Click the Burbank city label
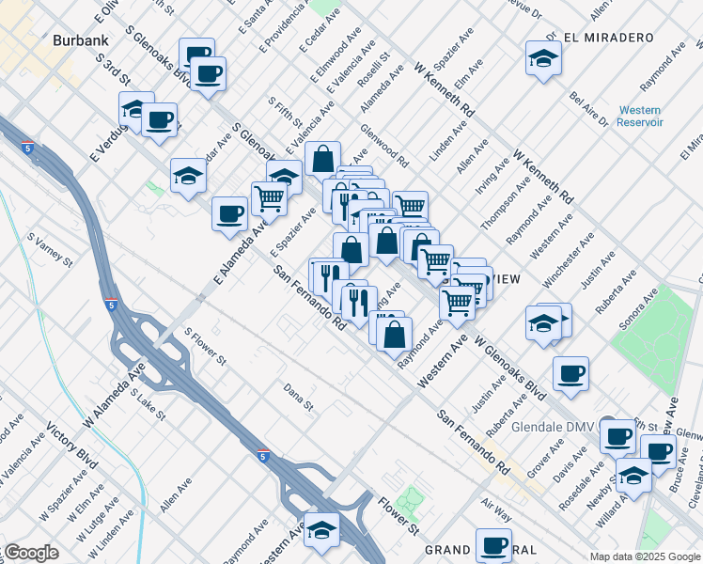pyautogui.click(x=82, y=40)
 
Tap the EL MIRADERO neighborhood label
pyautogui.click(x=609, y=38)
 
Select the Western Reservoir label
pyautogui.click(x=641, y=116)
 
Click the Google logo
pyautogui.click(x=31, y=553)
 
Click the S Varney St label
pyautogui.click(x=50, y=251)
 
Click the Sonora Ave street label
pyautogui.click(x=636, y=314)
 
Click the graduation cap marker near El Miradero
pyautogui.click(x=543, y=58)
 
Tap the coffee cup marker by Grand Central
pyautogui.click(x=493, y=544)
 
